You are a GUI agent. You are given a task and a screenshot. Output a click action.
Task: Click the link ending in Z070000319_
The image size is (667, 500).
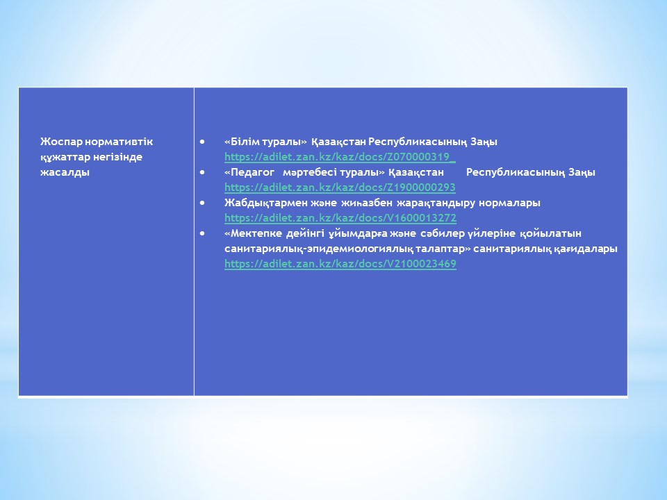(340, 157)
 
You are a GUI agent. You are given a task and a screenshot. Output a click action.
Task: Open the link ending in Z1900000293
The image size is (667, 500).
(340, 187)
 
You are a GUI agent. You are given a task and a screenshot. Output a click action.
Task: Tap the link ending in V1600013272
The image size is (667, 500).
(340, 218)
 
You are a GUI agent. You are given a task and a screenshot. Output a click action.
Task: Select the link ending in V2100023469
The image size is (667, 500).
(340, 264)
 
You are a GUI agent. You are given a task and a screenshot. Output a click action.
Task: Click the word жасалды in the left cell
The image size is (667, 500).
(65, 172)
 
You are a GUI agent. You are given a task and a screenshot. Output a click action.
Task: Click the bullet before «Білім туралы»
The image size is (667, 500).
(202, 141)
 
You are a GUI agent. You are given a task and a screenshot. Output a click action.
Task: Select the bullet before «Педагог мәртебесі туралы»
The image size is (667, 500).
(202, 172)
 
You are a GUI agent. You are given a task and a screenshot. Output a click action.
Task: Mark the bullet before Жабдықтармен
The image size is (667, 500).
(202, 202)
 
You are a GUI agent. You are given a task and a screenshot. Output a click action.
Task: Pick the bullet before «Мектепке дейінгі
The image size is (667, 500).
(202, 233)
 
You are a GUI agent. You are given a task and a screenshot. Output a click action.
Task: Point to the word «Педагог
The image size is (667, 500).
(249, 172)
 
